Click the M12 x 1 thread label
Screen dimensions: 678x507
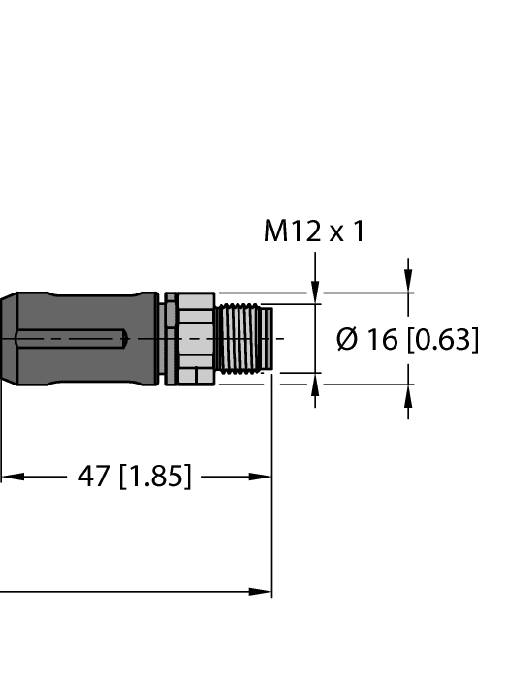(x=314, y=231)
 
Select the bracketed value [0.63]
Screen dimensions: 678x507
(x=442, y=340)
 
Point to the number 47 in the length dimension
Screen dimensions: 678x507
(x=94, y=477)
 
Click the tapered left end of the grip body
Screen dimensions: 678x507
(x=8, y=339)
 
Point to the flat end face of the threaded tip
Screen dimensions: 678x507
(x=270, y=338)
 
